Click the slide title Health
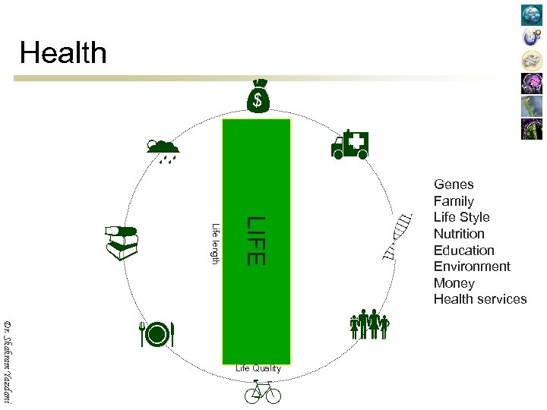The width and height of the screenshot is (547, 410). coord(64,53)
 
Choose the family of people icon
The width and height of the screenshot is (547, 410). coord(369,324)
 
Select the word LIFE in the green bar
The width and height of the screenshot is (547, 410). coord(255,240)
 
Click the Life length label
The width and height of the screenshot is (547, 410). coord(215,244)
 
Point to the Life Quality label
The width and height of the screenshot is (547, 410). coord(258,368)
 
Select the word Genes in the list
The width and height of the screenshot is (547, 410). coord(454,184)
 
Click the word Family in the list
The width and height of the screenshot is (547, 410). coord(454,201)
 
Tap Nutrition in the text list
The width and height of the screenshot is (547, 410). coord(459,234)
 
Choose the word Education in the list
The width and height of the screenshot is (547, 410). coord(463,251)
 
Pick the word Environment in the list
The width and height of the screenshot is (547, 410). coord(472,266)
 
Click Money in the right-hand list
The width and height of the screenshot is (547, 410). coord(454,283)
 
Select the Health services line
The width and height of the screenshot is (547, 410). coord(480,299)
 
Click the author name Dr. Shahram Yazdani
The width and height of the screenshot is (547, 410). coord(8,361)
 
